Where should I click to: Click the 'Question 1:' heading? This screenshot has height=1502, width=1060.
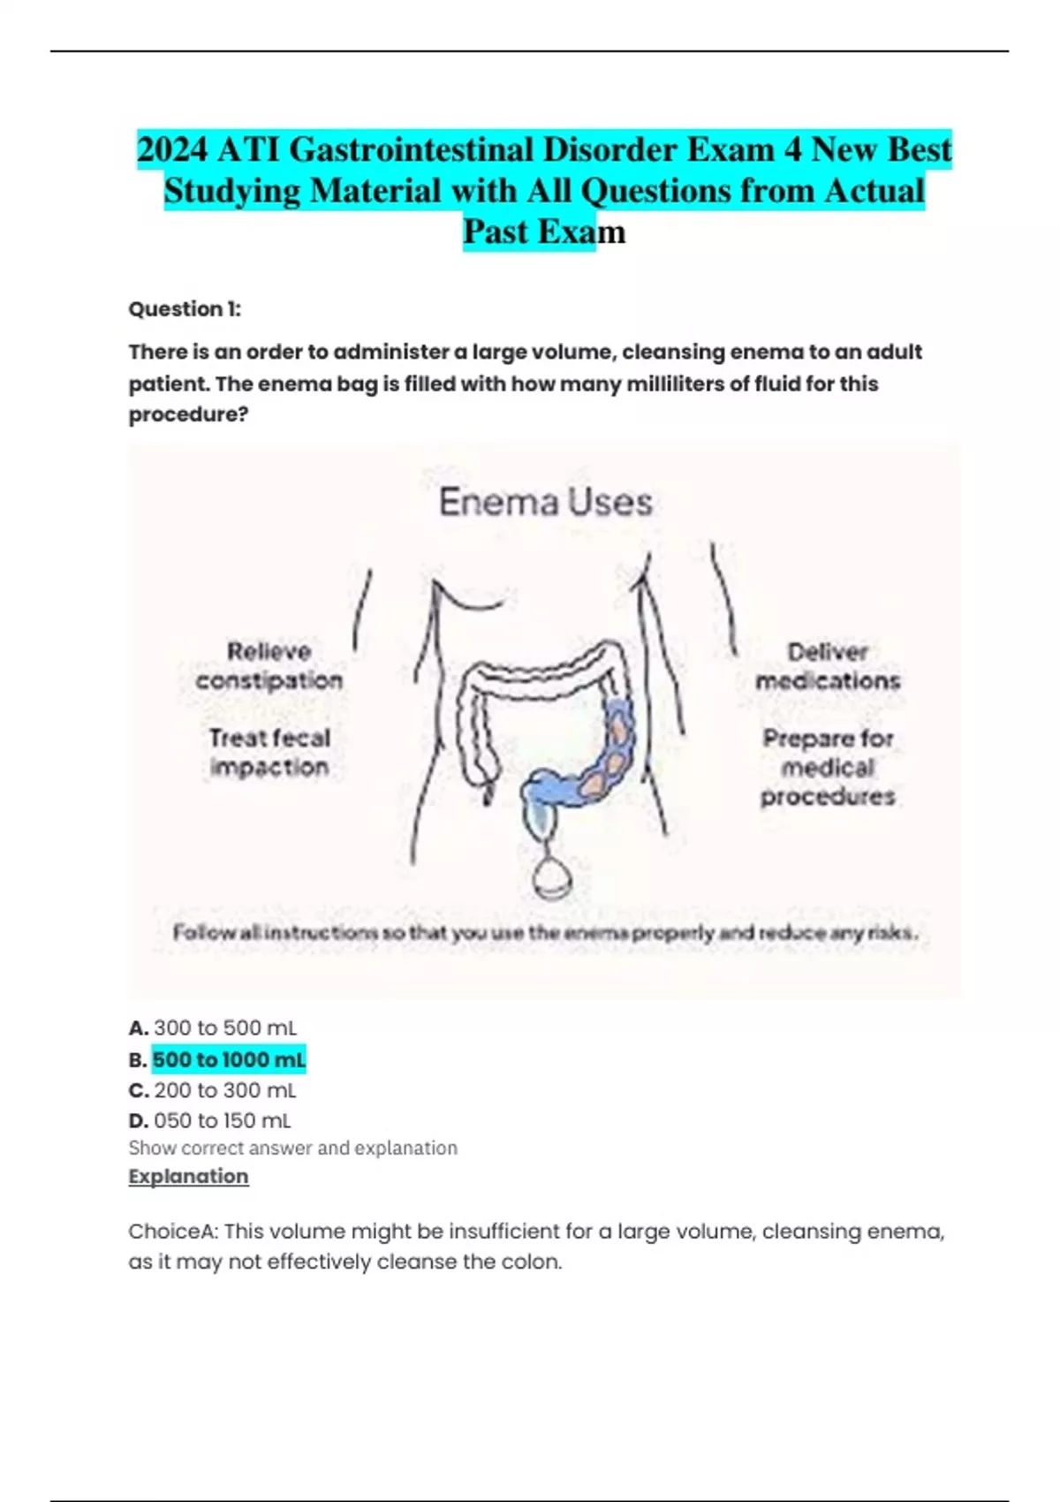pyautogui.click(x=185, y=309)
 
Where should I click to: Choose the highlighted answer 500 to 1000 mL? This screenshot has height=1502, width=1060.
pyautogui.click(x=229, y=1059)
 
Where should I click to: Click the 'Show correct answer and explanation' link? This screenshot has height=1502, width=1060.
pyautogui.click(x=292, y=1149)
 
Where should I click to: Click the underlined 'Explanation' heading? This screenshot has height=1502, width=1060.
pyautogui.click(x=188, y=1177)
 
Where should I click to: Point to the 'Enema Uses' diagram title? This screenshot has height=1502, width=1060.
pyautogui.click(x=545, y=502)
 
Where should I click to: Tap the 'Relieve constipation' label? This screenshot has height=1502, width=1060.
pyautogui.click(x=269, y=666)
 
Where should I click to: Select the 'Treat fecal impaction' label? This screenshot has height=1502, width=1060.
pyautogui.click(x=269, y=752)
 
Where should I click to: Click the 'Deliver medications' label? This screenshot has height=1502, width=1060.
pyautogui.click(x=828, y=666)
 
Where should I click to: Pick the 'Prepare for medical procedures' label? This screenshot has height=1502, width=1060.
pyautogui.click(x=828, y=767)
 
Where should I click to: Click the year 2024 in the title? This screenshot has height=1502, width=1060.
pyautogui.click(x=172, y=150)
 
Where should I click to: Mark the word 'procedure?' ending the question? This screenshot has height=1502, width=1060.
pyautogui.click(x=188, y=415)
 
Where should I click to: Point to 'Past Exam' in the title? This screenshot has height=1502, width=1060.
pyautogui.click(x=544, y=232)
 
